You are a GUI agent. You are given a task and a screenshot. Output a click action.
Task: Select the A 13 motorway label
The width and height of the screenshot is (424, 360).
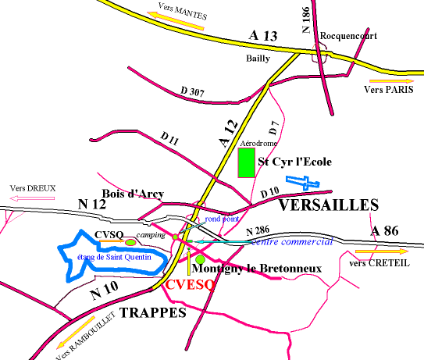[x=264, y=36]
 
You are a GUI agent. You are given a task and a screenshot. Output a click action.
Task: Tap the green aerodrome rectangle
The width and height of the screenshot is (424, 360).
[x=246, y=162]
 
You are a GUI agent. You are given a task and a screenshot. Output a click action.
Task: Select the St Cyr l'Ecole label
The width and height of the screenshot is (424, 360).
[x=295, y=162]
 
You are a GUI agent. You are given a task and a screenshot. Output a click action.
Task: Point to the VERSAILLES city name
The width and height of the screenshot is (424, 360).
[x=328, y=205]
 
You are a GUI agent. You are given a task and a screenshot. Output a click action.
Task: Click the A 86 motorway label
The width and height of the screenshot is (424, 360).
[x=386, y=230]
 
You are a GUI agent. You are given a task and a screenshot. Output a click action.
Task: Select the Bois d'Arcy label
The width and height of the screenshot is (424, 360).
[x=130, y=193]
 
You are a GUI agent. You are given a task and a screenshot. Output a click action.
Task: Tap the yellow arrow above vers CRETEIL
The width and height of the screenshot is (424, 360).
[x=380, y=251]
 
